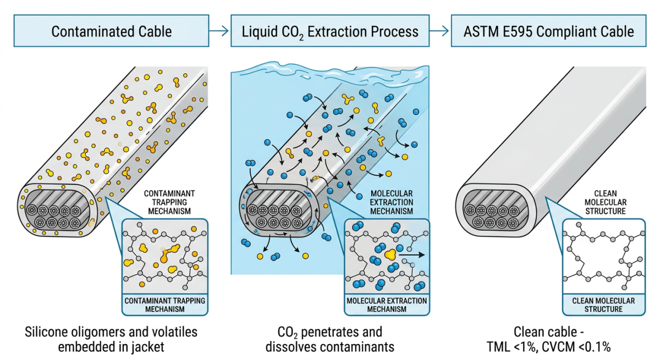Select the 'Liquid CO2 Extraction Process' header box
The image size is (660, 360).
pyautogui.click(x=329, y=31)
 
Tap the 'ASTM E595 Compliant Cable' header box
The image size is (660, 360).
pyautogui.click(x=548, y=31)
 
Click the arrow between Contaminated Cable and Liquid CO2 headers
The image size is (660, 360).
pyautogui.click(x=219, y=31)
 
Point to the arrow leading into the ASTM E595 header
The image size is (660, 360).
pyautogui.click(x=438, y=31)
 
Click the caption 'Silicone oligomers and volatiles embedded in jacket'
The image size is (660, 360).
pyautogui.click(x=111, y=340)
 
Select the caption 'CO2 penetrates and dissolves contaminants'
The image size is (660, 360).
pyautogui.click(x=329, y=340)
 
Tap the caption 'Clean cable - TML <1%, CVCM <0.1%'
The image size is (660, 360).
pyautogui.click(x=548, y=340)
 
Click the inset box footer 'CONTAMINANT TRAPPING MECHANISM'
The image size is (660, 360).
pyautogui.click(x=164, y=305)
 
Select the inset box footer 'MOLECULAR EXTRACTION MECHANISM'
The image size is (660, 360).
pyautogui.click(x=387, y=305)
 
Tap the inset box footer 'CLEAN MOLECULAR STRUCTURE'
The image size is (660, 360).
pyautogui.click(x=603, y=305)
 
